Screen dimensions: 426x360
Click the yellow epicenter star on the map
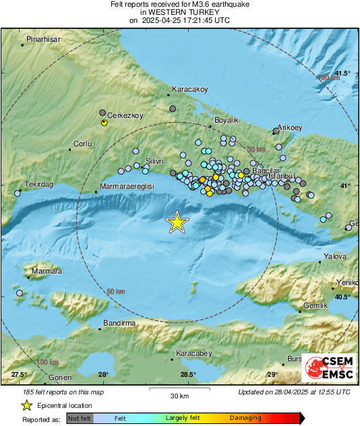point(177,222)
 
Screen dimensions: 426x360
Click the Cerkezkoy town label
point(126,115)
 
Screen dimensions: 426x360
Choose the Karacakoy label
point(190,89)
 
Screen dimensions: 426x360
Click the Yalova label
point(335,256)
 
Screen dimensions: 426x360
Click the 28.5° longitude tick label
point(188,374)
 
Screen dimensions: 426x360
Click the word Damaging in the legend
point(246,419)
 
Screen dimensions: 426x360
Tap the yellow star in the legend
point(27,405)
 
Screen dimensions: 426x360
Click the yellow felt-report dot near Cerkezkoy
point(104,123)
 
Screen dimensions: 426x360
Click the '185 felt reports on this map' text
point(63,392)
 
